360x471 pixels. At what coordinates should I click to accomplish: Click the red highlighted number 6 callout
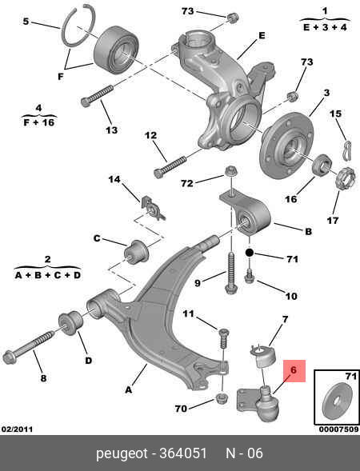[x=293, y=370]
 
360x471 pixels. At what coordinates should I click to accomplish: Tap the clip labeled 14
[x=152, y=208]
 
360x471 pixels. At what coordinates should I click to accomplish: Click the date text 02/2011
[x=17, y=432]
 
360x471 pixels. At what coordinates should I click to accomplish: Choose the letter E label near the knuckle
[x=261, y=35]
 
